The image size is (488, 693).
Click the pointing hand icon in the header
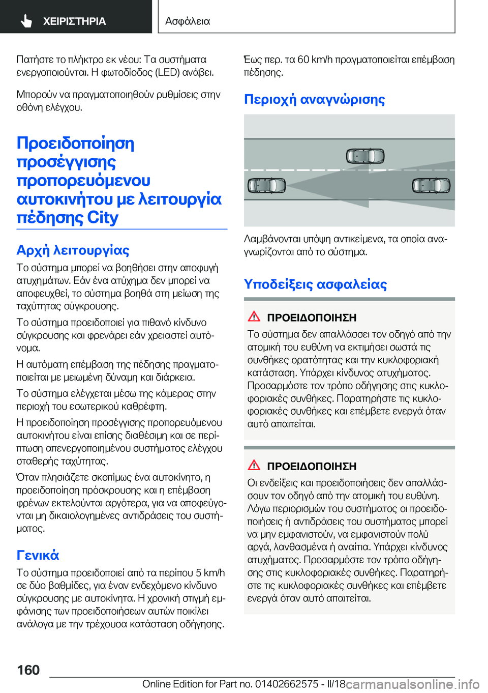[x=26, y=21]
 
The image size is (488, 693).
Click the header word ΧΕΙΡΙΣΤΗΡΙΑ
[x=74, y=21]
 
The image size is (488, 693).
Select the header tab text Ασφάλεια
[x=188, y=21]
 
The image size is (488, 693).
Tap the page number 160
[x=28, y=670]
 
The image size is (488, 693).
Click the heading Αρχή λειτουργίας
[x=73, y=250]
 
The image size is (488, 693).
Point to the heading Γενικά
[x=38, y=555]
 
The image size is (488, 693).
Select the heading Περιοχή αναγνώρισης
[x=314, y=99]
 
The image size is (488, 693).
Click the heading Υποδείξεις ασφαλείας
[x=315, y=284]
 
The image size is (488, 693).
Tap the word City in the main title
[x=103, y=218]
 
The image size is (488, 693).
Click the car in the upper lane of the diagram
[x=365, y=156]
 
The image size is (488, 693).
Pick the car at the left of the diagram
[x=267, y=186]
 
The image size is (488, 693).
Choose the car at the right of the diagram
[x=431, y=186]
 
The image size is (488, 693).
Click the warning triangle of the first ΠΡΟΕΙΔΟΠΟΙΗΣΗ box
[x=254, y=316]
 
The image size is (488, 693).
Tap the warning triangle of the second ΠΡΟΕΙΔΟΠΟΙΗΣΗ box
[x=254, y=465]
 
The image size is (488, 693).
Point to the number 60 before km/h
[x=303, y=60]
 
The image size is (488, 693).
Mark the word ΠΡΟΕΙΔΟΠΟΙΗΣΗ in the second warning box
[x=312, y=466]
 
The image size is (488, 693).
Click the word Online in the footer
[x=156, y=684]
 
